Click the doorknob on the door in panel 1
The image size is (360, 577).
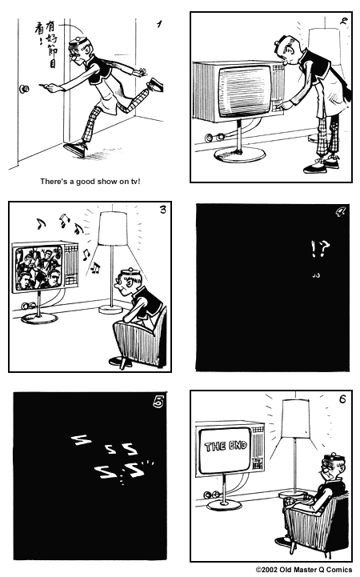tap(24, 89)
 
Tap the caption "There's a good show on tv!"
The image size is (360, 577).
tap(90, 182)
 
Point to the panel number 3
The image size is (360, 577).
tap(163, 210)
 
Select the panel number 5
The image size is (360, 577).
tap(158, 403)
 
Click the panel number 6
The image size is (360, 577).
tap(342, 399)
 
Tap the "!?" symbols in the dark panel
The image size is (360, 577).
tap(320, 249)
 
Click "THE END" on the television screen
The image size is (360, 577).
tap(226, 447)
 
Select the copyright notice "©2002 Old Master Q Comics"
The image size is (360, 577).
tap(304, 570)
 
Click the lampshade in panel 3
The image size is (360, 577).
tap(113, 229)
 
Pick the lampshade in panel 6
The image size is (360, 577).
tap(295, 418)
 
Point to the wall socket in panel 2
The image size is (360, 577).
tap(214, 138)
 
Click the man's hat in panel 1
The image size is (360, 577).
tap(78, 42)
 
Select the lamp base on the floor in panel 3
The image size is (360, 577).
tap(110, 309)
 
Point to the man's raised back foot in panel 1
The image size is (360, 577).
tap(155, 85)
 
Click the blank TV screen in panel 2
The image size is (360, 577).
tap(246, 90)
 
